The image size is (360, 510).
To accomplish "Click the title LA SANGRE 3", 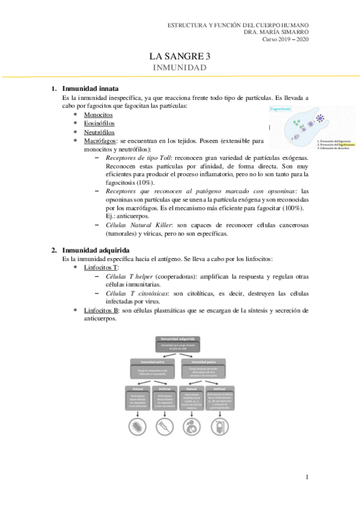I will click(180, 57).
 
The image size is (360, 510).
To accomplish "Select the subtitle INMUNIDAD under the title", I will click(180, 68).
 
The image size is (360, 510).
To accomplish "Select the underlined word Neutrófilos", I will click(100, 132).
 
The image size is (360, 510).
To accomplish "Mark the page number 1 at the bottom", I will click(307, 478).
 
